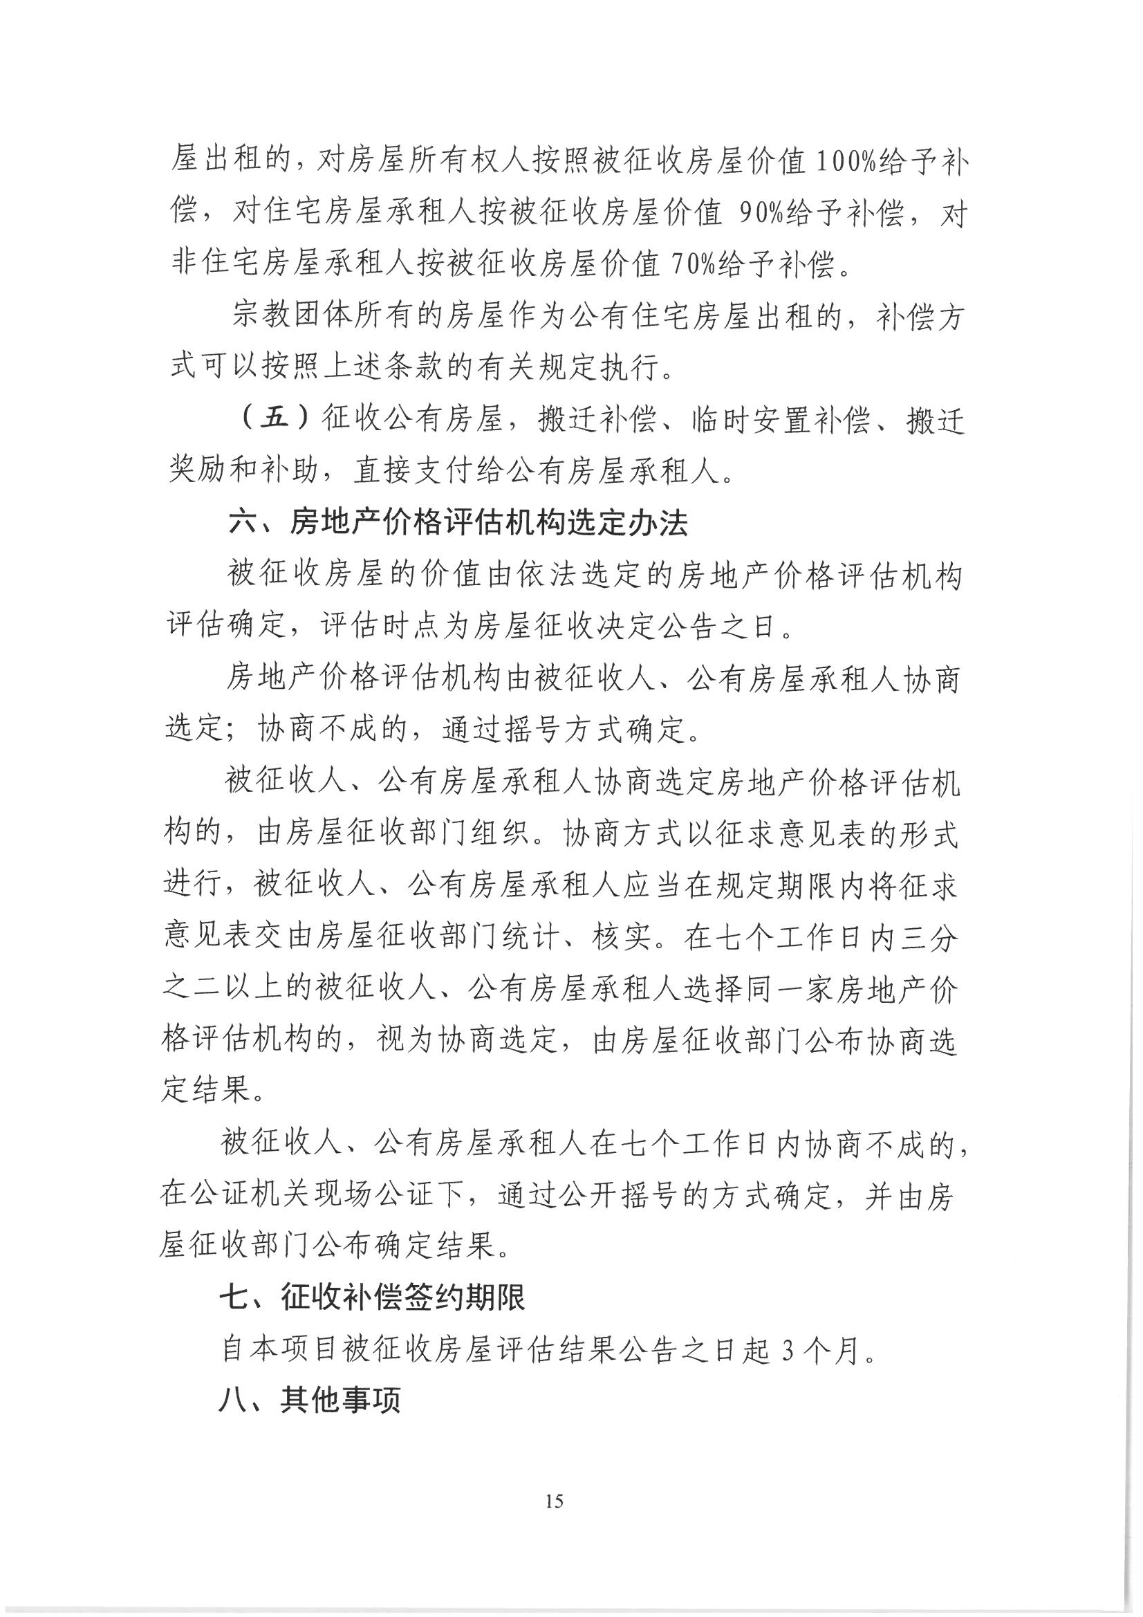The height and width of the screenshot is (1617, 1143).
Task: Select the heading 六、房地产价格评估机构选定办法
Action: point(458,524)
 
